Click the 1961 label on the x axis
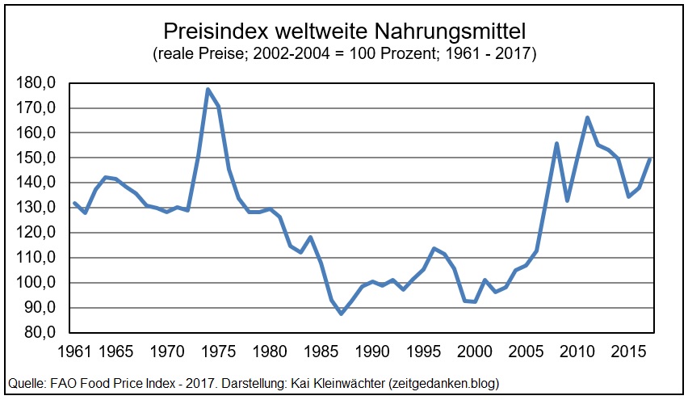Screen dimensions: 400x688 73,353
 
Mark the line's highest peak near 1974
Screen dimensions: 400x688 208,89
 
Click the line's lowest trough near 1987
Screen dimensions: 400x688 342,314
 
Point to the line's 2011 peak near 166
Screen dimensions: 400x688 588,117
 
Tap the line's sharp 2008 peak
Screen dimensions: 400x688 557,143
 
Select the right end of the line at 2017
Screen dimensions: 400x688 650,159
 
